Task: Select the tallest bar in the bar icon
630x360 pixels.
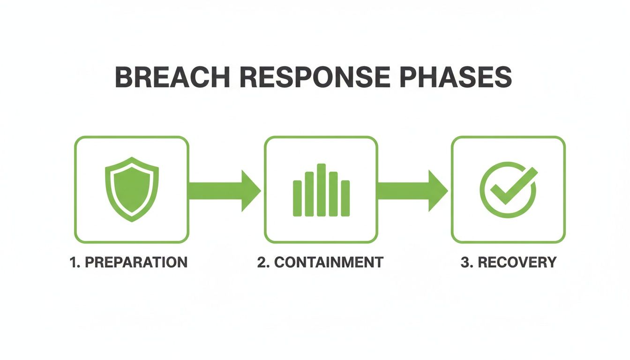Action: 321,190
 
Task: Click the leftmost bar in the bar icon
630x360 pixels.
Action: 297,198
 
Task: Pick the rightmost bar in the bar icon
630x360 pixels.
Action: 345,198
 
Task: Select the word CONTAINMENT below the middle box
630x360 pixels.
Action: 329,262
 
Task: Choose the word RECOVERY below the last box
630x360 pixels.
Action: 517,262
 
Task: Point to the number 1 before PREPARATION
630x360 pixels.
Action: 73,262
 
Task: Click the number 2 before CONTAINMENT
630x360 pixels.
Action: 262,262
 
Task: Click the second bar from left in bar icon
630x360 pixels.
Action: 309,194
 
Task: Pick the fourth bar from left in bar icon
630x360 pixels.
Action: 333,194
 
